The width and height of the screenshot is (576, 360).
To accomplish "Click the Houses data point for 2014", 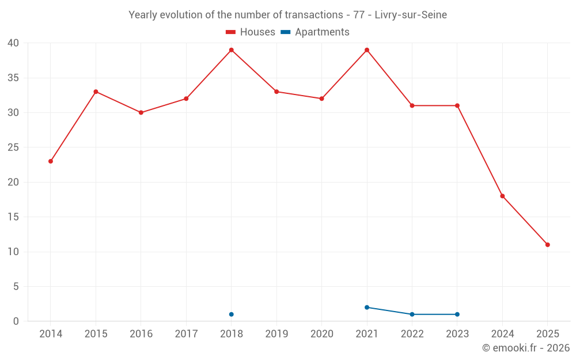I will [x=51, y=161].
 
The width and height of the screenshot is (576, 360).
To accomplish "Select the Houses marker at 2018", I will [x=232, y=50].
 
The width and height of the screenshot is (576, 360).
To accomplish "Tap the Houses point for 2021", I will [x=367, y=50].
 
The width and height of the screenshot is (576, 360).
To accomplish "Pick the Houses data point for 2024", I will [x=502, y=196].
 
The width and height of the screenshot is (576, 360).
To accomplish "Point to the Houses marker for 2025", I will [x=547, y=245].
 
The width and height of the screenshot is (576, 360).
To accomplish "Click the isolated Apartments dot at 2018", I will [x=232, y=314].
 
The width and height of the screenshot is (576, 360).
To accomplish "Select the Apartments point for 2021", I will [x=367, y=308].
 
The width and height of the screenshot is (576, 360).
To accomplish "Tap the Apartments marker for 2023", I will [x=457, y=314].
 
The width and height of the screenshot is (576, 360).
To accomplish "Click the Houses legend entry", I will [x=251, y=32].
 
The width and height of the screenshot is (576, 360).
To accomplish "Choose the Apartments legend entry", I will [x=315, y=32].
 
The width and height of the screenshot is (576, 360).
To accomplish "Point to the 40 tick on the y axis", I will [x=13, y=43].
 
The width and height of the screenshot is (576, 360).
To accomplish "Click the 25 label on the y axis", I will [x=13, y=147].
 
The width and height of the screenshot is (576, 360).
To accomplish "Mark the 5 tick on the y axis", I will [x=16, y=287].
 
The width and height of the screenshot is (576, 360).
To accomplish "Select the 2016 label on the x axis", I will [x=141, y=334].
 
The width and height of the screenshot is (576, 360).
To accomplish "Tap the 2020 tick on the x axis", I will [x=322, y=334].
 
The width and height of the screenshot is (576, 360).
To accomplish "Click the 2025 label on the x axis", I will [x=547, y=334].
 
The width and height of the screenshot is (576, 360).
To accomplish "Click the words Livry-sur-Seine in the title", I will [x=411, y=15].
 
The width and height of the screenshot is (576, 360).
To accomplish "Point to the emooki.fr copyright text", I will [x=526, y=348].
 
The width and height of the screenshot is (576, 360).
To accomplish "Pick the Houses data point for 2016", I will [x=141, y=112].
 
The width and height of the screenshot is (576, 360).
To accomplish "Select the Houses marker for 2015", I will [x=96, y=92].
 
